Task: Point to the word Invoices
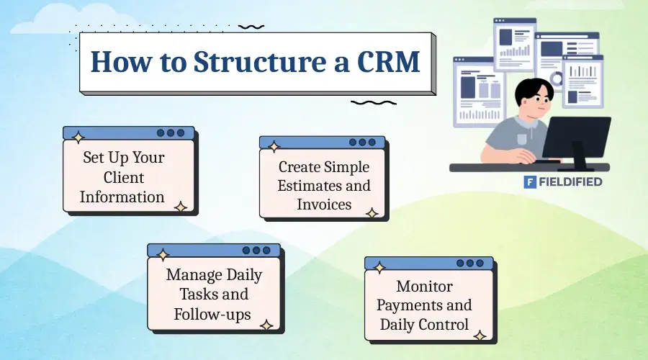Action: point(324,204)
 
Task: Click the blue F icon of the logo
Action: point(531,182)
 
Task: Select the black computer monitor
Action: point(575,137)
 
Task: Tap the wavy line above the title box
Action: point(251,27)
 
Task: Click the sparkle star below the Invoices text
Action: point(372,213)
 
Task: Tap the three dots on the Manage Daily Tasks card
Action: point(257,250)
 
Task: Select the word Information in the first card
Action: point(122,197)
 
